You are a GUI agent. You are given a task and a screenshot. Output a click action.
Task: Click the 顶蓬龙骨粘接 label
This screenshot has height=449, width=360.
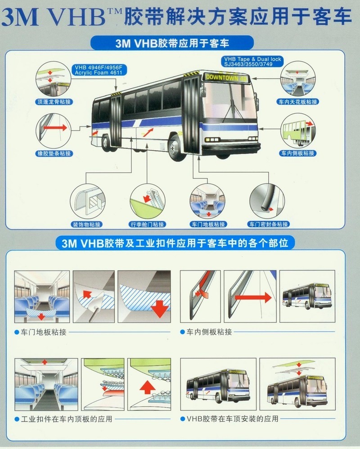(x=54, y=102)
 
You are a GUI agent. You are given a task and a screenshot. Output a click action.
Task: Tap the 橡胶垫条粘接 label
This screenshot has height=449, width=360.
(x=54, y=153)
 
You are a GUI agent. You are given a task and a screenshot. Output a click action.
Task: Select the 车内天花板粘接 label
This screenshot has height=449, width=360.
(x=298, y=102)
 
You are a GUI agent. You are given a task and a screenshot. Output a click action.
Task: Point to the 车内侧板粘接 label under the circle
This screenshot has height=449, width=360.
(x=298, y=153)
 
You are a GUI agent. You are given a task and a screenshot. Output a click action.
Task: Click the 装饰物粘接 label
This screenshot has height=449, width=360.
(x=86, y=224)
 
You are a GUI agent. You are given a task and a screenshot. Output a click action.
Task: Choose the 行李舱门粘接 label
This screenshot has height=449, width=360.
(x=147, y=224)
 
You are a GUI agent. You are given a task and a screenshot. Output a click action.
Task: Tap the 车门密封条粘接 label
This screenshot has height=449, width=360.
(x=268, y=224)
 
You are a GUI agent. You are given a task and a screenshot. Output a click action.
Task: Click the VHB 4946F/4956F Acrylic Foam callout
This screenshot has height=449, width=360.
(x=99, y=70)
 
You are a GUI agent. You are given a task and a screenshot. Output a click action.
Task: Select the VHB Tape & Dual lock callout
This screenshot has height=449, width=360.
(x=252, y=62)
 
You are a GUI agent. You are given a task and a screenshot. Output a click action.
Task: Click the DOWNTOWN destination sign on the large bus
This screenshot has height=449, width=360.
(x=226, y=77)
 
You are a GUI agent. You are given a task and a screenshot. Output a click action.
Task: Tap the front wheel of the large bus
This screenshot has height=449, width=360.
(x=174, y=148)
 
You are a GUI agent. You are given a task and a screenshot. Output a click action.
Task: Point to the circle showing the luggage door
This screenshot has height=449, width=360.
(x=147, y=201)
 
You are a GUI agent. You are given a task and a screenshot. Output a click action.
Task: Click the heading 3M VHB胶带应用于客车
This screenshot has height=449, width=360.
(x=172, y=44)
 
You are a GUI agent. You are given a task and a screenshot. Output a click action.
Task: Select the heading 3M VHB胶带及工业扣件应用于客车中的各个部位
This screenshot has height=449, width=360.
(x=175, y=243)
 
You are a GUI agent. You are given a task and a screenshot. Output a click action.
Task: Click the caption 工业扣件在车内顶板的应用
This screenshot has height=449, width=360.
(x=67, y=419)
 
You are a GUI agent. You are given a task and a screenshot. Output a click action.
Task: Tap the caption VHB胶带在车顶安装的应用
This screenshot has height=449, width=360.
(x=232, y=419)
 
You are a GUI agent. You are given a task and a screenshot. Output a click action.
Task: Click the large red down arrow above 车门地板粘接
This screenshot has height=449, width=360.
(x=160, y=308)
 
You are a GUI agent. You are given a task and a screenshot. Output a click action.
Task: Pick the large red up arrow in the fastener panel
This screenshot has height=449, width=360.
(x=148, y=388)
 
